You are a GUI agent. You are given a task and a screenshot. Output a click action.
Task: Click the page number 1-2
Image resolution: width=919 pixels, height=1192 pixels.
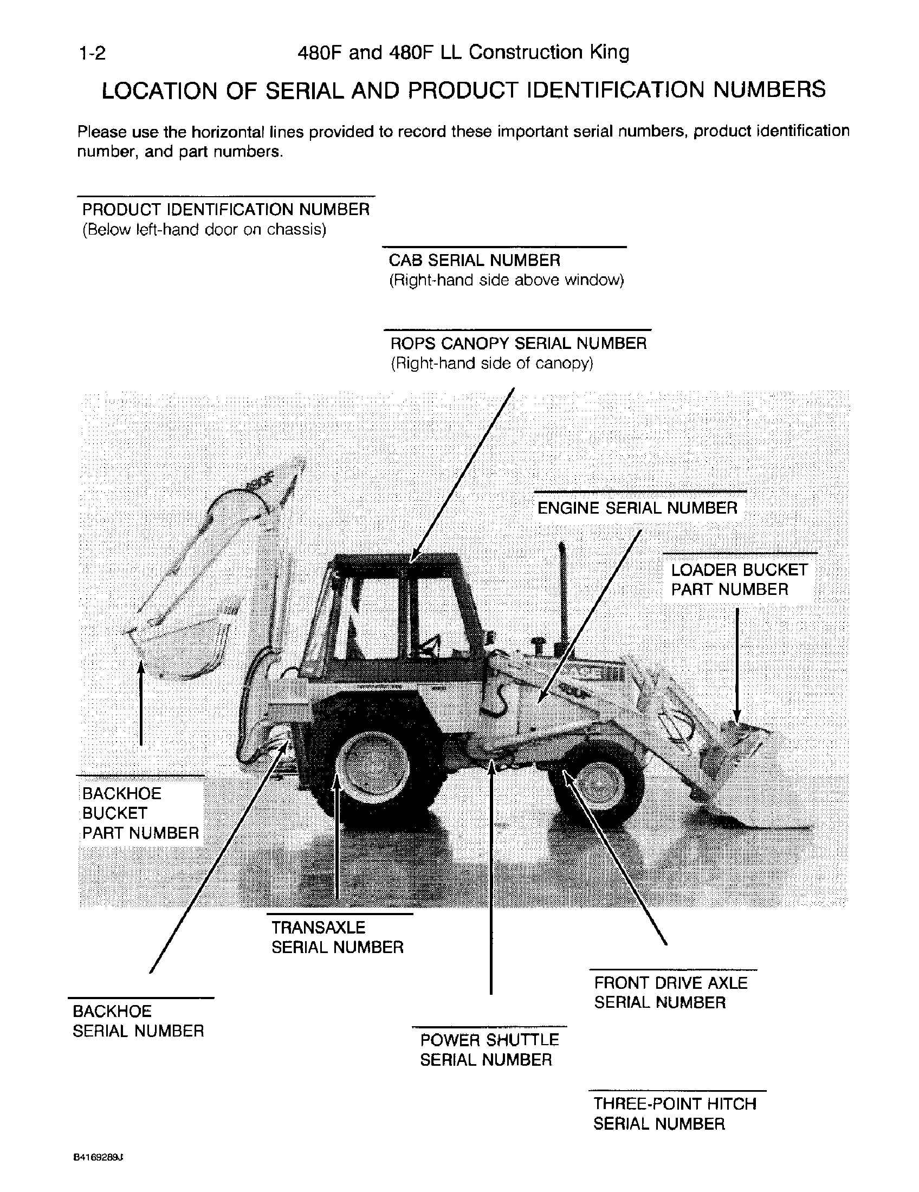tap(92, 53)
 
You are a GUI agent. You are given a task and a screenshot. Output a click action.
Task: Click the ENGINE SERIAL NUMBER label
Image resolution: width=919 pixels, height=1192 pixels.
tap(637, 508)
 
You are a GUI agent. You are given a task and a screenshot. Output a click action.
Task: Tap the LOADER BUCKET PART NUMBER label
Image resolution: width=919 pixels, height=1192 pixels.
tap(739, 579)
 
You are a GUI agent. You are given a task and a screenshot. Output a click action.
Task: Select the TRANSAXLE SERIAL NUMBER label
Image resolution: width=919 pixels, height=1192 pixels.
tap(336, 937)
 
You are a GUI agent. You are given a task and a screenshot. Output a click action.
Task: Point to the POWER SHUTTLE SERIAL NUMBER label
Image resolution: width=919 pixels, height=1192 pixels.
tap(488, 1050)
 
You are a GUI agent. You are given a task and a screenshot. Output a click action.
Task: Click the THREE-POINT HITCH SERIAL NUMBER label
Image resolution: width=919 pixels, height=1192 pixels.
tap(674, 1113)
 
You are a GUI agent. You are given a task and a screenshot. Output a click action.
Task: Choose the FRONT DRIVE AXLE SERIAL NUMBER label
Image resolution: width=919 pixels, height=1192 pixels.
tap(670, 992)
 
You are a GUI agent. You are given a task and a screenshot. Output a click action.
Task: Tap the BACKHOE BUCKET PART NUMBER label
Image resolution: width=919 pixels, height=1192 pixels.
tap(140, 813)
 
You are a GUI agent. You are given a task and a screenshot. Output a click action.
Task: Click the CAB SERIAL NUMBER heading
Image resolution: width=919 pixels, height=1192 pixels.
tap(474, 260)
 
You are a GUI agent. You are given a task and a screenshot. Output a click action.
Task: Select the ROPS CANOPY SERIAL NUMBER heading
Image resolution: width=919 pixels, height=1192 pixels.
tap(518, 344)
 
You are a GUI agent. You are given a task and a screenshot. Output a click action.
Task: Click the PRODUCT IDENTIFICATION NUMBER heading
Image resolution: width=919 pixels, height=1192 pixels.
tap(225, 210)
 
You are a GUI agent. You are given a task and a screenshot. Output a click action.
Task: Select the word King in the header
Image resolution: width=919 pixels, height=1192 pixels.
tap(609, 53)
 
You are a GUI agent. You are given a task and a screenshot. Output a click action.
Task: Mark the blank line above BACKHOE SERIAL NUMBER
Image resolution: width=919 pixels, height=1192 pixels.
tap(141, 998)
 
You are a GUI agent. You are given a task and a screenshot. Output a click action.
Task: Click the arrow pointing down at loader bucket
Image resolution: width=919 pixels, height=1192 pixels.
tap(736, 666)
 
